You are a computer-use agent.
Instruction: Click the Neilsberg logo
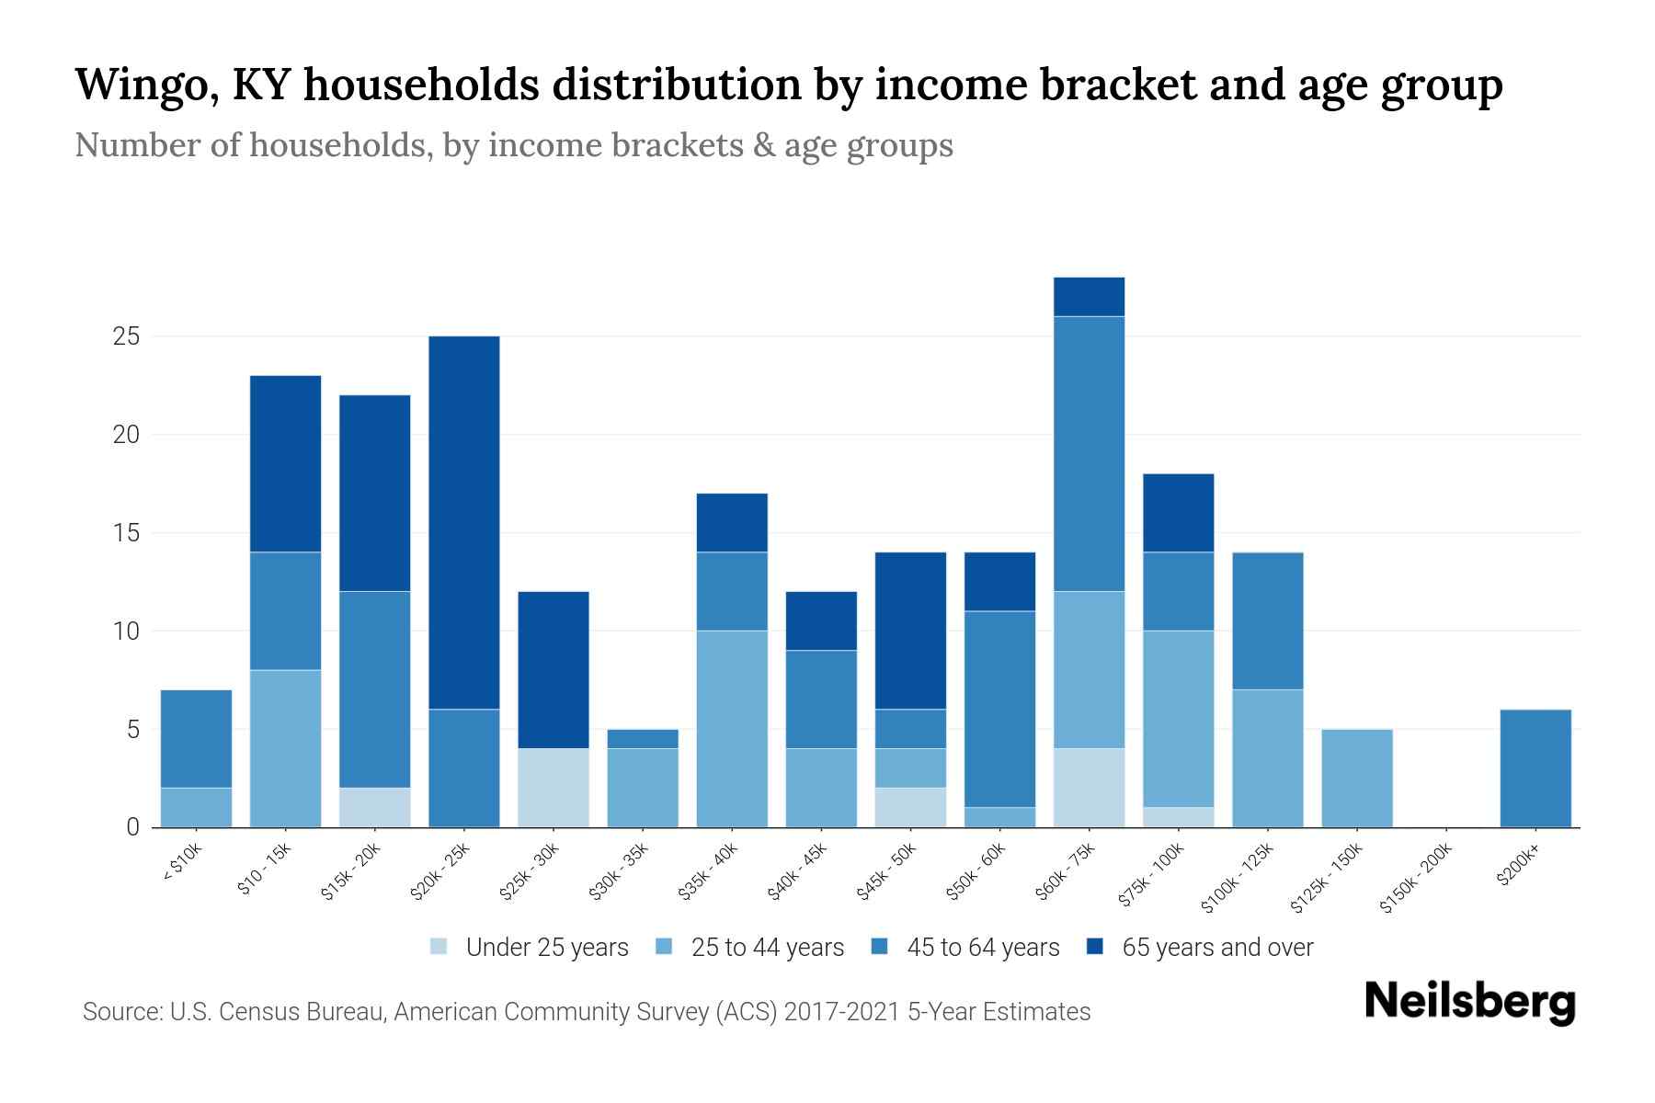click(x=1470, y=1002)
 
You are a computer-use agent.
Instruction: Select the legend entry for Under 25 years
click(x=530, y=948)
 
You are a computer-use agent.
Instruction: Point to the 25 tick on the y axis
click(x=126, y=336)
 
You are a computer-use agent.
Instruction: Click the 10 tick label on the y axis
click(x=126, y=631)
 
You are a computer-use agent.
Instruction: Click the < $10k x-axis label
click(x=182, y=863)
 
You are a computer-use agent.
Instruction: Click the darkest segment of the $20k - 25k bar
click(x=464, y=522)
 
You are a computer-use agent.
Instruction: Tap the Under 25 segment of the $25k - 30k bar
click(x=554, y=788)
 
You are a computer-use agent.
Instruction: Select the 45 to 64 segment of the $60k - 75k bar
click(x=1090, y=454)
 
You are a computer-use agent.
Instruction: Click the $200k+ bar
click(x=1535, y=768)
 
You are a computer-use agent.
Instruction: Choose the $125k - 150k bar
click(x=1357, y=779)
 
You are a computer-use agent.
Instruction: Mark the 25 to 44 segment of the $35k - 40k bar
click(x=732, y=729)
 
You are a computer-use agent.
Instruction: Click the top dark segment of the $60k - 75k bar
click(x=1090, y=297)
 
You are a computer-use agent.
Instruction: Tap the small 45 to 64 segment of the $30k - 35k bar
click(x=643, y=739)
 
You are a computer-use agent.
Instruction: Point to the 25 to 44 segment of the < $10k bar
click(x=196, y=808)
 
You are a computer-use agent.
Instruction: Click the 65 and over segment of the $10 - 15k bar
click(x=286, y=464)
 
